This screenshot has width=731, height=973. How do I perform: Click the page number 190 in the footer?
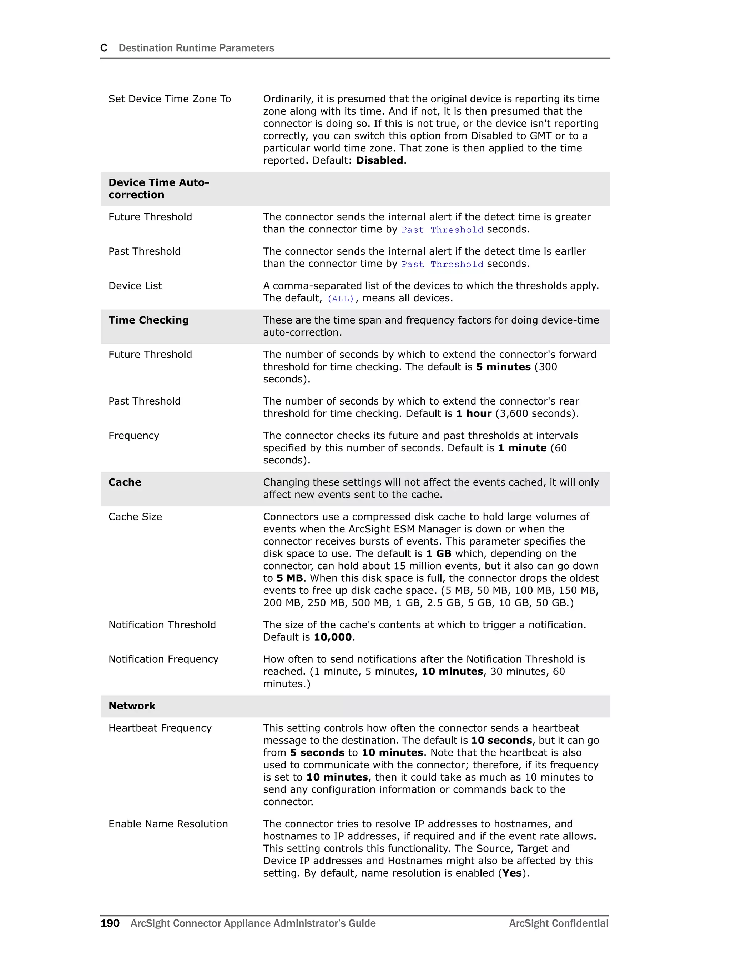(x=110, y=923)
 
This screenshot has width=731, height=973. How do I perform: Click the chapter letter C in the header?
(x=104, y=48)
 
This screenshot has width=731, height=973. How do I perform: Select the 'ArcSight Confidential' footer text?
(x=558, y=923)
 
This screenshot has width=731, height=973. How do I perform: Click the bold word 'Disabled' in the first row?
(x=379, y=161)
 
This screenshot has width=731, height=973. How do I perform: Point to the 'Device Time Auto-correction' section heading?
(x=158, y=189)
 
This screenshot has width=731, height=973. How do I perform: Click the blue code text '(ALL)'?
(x=341, y=299)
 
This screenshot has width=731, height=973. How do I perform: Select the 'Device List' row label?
(x=135, y=286)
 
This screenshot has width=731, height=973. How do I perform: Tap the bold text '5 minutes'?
(x=503, y=367)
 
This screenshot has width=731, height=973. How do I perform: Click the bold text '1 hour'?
(x=473, y=413)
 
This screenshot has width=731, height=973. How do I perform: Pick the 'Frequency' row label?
(x=134, y=436)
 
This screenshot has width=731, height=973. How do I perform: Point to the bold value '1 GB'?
(x=439, y=553)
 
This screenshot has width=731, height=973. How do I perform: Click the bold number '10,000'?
(x=333, y=637)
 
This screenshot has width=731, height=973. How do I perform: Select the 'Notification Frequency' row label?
(x=163, y=659)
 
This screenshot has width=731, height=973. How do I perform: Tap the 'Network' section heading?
(x=132, y=706)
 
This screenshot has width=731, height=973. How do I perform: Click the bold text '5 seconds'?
(x=317, y=752)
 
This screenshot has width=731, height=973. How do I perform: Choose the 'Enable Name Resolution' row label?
(x=168, y=823)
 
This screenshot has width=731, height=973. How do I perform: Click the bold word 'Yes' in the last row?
(x=511, y=873)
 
